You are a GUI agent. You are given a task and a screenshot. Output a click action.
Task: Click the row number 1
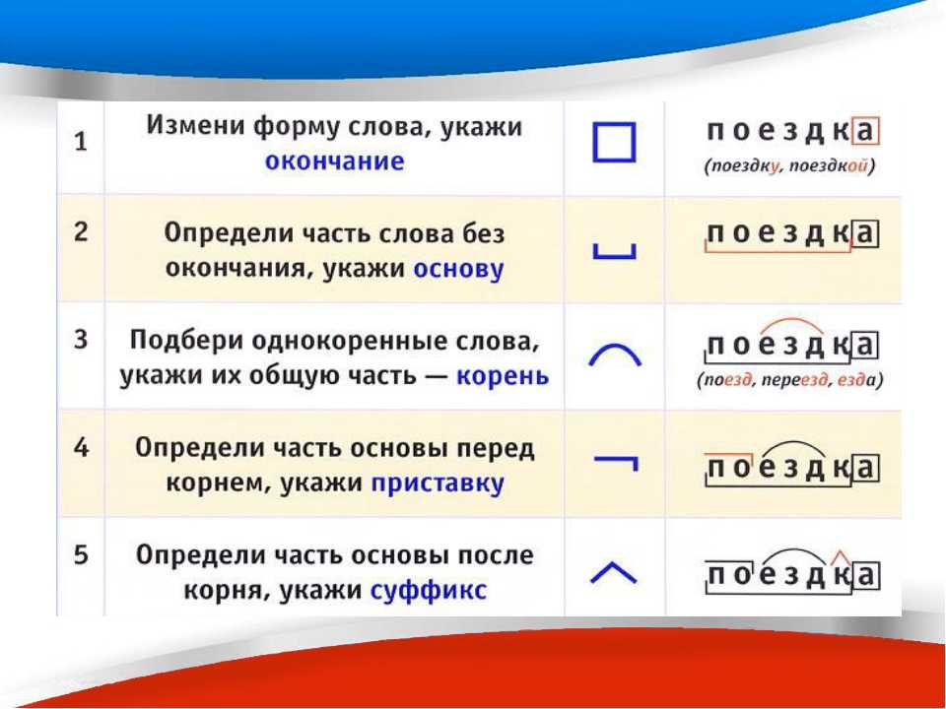pos(81,142)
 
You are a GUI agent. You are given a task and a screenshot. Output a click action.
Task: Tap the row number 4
pos(82,448)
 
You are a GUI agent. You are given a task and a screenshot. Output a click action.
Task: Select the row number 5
pos(82,554)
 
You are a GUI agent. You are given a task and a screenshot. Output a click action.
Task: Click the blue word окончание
pos(335,161)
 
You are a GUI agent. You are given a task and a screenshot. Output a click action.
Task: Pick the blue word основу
pos(458,269)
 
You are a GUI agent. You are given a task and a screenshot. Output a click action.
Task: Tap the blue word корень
pos(504,376)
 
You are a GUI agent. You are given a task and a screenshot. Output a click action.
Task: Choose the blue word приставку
pos(438,483)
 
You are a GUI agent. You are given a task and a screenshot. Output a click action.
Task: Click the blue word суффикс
pos(429,590)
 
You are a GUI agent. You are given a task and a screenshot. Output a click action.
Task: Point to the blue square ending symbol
pos(614,142)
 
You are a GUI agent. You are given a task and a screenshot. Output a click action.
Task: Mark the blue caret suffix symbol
pos(613,565)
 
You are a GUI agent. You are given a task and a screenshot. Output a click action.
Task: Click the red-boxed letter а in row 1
pos(865,131)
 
